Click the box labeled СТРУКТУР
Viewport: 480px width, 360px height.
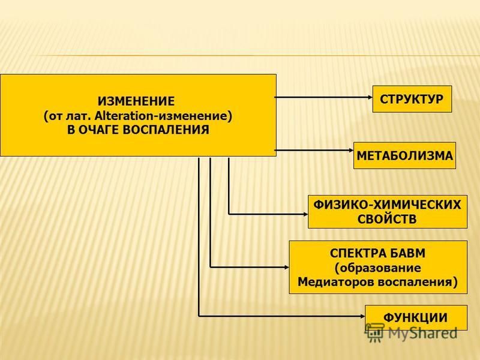point(412,99)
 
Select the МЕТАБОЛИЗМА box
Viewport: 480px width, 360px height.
point(404,155)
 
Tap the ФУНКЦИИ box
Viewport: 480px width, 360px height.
point(416,317)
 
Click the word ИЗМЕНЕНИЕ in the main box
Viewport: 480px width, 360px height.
point(136,101)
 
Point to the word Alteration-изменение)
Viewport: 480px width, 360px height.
point(163,116)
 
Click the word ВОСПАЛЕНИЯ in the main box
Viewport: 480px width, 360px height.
point(166,130)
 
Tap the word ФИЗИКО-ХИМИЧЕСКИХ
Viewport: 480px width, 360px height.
point(387,205)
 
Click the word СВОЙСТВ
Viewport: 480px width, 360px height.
point(387,219)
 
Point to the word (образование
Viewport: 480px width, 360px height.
point(378,268)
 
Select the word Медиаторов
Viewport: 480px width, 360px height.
point(335,281)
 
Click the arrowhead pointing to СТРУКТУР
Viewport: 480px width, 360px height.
point(370,97)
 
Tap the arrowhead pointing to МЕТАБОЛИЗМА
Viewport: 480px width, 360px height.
point(350,151)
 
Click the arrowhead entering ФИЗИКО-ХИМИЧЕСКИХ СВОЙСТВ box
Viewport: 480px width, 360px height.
point(305,214)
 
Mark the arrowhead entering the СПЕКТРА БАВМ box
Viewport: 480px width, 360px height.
point(286,267)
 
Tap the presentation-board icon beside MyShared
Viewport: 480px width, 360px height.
point(374,332)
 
